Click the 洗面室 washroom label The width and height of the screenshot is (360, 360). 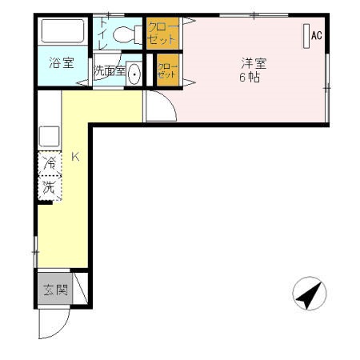pos(108,70)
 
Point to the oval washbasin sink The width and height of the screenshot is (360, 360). pos(134,74)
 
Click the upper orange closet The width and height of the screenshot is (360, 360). pos(162,33)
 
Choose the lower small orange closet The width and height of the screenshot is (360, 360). pos(167,70)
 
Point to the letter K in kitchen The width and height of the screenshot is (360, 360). pos(75,157)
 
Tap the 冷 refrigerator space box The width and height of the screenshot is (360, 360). pos(50,163)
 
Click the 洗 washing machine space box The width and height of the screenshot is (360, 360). pos(50,188)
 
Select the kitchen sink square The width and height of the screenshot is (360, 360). pos(49,135)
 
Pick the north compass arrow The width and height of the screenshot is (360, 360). pos(308,294)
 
